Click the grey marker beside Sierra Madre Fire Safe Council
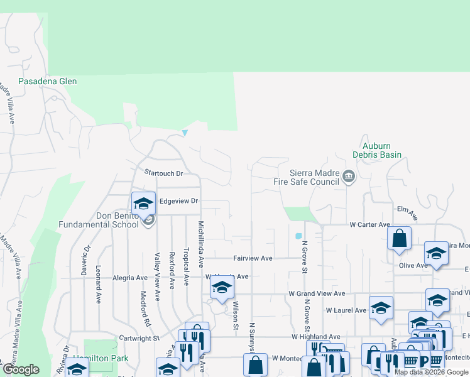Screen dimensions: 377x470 349,177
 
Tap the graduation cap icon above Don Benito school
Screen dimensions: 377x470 143,203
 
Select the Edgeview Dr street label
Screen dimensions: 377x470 178,201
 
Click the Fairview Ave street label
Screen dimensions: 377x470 253,258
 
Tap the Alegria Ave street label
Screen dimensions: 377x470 129,277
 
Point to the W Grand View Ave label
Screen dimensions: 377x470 317,293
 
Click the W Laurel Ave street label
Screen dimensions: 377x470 346,310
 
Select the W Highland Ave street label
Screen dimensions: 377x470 315,337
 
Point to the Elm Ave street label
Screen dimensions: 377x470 407,212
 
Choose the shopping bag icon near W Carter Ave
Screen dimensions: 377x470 398,238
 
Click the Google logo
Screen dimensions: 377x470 21,369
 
